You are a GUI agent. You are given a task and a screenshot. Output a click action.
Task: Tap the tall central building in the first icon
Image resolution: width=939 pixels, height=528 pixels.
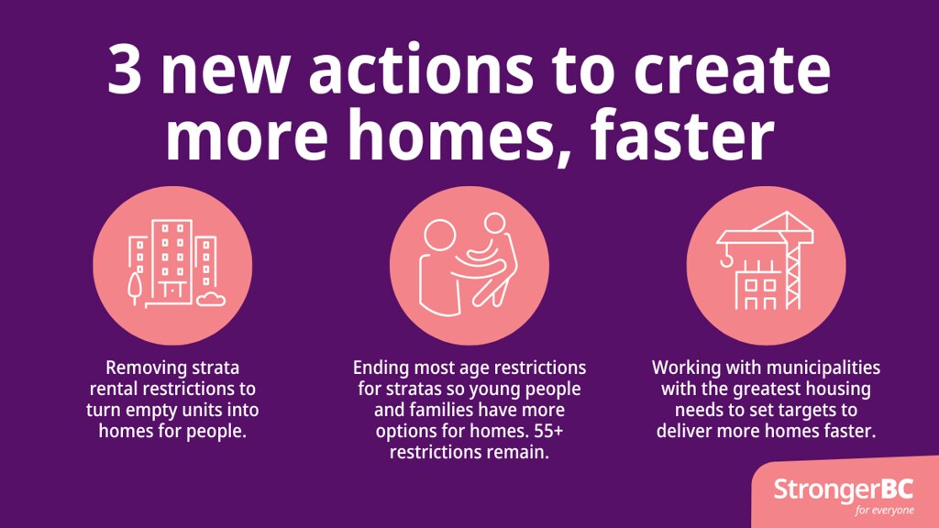(x=171, y=260)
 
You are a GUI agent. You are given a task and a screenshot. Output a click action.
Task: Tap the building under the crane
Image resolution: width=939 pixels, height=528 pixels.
(x=759, y=285)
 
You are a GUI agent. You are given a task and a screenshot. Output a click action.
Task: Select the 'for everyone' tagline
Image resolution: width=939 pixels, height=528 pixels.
(x=884, y=510)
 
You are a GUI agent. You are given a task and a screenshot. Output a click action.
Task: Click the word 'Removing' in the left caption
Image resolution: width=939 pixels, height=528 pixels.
(x=144, y=368)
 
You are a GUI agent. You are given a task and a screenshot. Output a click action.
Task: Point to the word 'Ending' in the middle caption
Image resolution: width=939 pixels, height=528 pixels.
(x=381, y=368)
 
